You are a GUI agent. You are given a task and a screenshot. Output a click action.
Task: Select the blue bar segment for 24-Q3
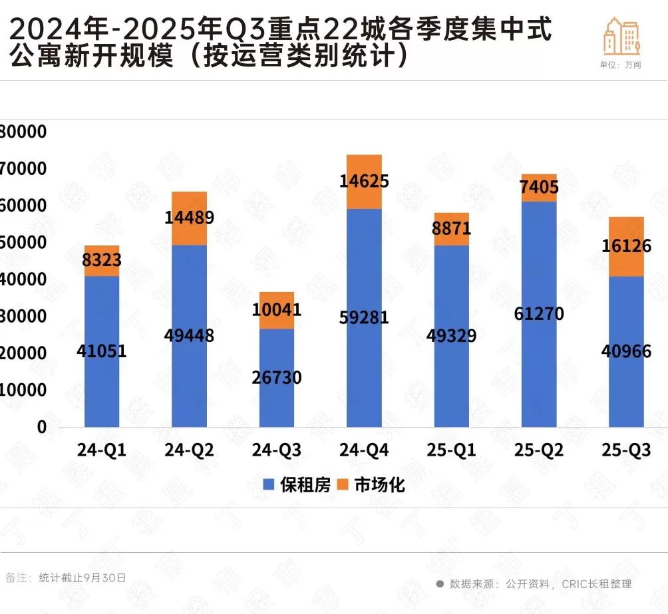(x=277, y=399)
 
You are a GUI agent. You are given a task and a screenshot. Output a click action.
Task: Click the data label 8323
(x=102, y=261)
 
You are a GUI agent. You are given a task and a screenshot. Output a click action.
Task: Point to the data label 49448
(x=189, y=335)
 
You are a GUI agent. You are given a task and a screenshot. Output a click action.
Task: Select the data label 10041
(x=277, y=310)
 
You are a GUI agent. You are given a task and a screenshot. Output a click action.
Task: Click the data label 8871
(x=451, y=229)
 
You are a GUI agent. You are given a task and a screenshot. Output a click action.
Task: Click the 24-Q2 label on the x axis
(x=189, y=450)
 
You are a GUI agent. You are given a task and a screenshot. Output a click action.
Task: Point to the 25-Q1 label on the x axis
(x=451, y=450)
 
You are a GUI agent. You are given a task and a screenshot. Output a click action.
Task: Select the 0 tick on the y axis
(x=41, y=427)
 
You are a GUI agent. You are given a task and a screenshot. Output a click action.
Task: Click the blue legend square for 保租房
(x=268, y=485)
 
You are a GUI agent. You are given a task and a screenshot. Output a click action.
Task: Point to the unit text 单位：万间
(x=620, y=65)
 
